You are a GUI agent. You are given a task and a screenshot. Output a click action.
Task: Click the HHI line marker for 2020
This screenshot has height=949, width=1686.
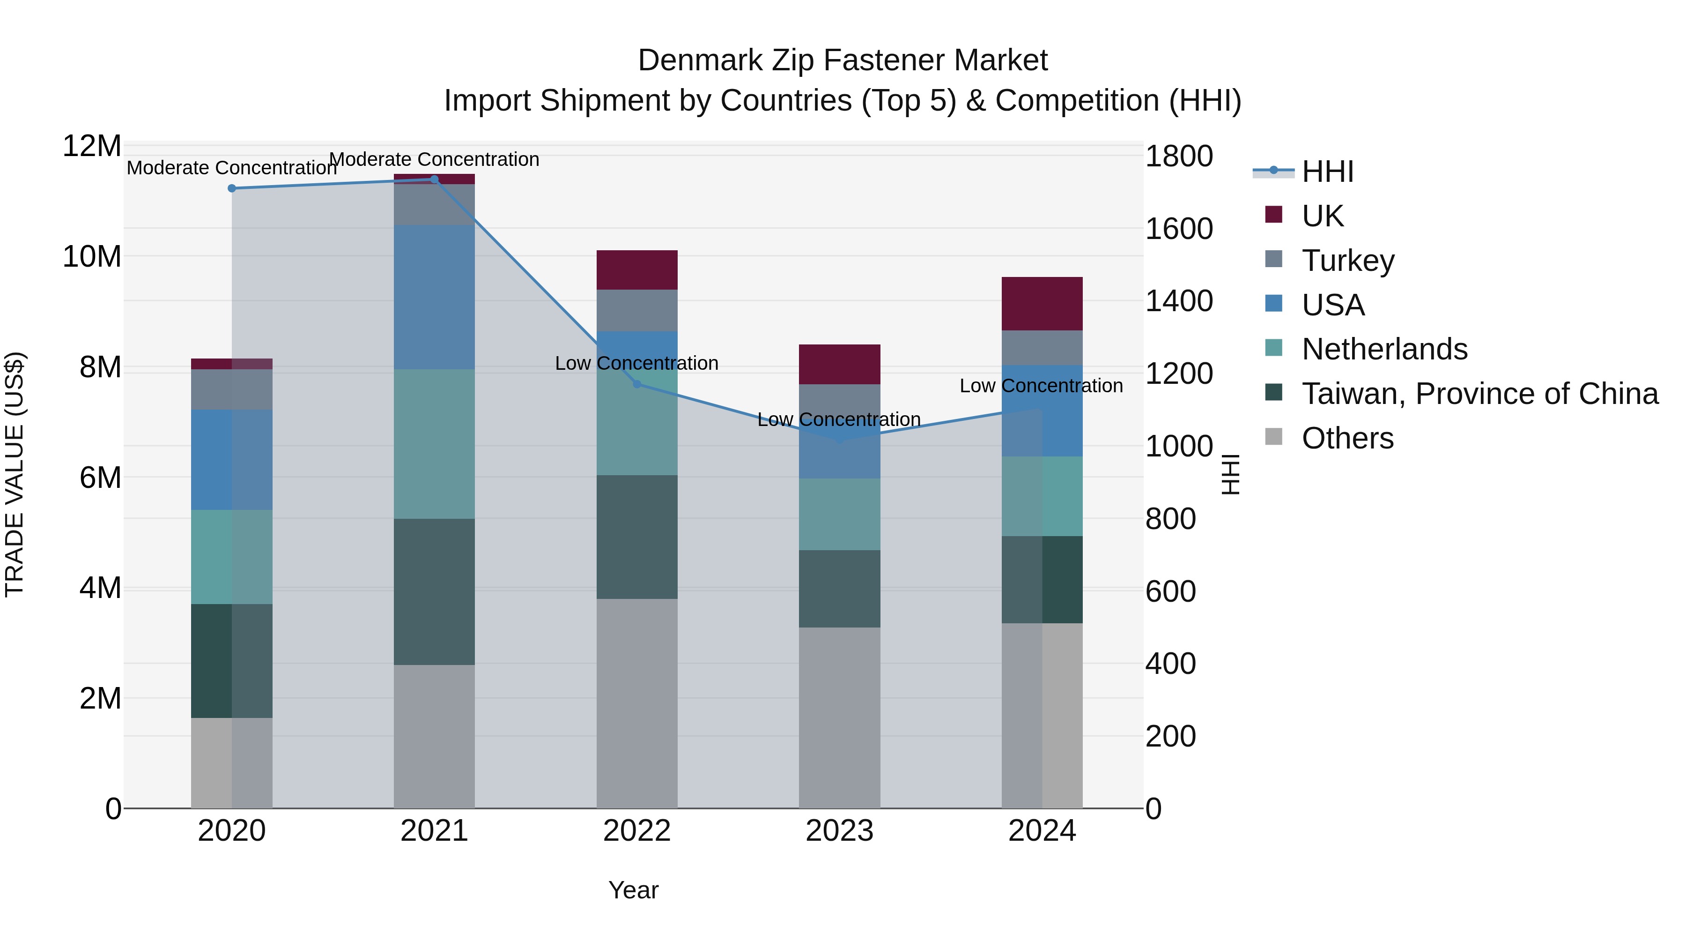click(x=232, y=188)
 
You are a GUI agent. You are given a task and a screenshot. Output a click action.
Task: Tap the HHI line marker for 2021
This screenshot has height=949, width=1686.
click(x=434, y=179)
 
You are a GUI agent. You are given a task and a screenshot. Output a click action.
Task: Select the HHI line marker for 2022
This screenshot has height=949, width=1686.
click(x=637, y=384)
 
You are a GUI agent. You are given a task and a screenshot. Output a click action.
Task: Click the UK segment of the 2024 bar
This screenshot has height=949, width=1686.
click(x=1042, y=304)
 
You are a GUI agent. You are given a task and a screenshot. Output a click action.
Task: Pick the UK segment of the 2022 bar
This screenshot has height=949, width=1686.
click(x=637, y=270)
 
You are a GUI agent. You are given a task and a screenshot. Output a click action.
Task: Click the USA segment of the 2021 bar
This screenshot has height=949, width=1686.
click(x=434, y=297)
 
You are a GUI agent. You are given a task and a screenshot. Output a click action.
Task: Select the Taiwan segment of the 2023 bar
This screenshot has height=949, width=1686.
click(x=839, y=589)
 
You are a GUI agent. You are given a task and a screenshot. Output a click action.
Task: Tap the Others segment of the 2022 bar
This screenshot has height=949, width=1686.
click(x=637, y=703)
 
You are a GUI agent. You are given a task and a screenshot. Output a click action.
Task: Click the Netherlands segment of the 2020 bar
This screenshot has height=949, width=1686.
click(x=232, y=557)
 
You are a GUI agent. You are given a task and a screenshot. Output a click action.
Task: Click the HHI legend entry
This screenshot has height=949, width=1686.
click(x=1327, y=172)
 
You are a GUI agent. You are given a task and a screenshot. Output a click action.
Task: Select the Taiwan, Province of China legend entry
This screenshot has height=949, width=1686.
click(x=1479, y=394)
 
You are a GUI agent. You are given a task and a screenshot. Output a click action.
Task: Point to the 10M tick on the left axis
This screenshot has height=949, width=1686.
click(x=92, y=257)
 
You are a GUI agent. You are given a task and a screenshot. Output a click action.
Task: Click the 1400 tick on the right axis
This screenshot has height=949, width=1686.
click(x=1179, y=301)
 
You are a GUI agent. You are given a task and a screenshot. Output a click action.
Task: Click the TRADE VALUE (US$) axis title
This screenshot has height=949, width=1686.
click(x=15, y=474)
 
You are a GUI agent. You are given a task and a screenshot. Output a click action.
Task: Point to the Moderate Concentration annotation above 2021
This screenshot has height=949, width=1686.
click(x=434, y=160)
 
